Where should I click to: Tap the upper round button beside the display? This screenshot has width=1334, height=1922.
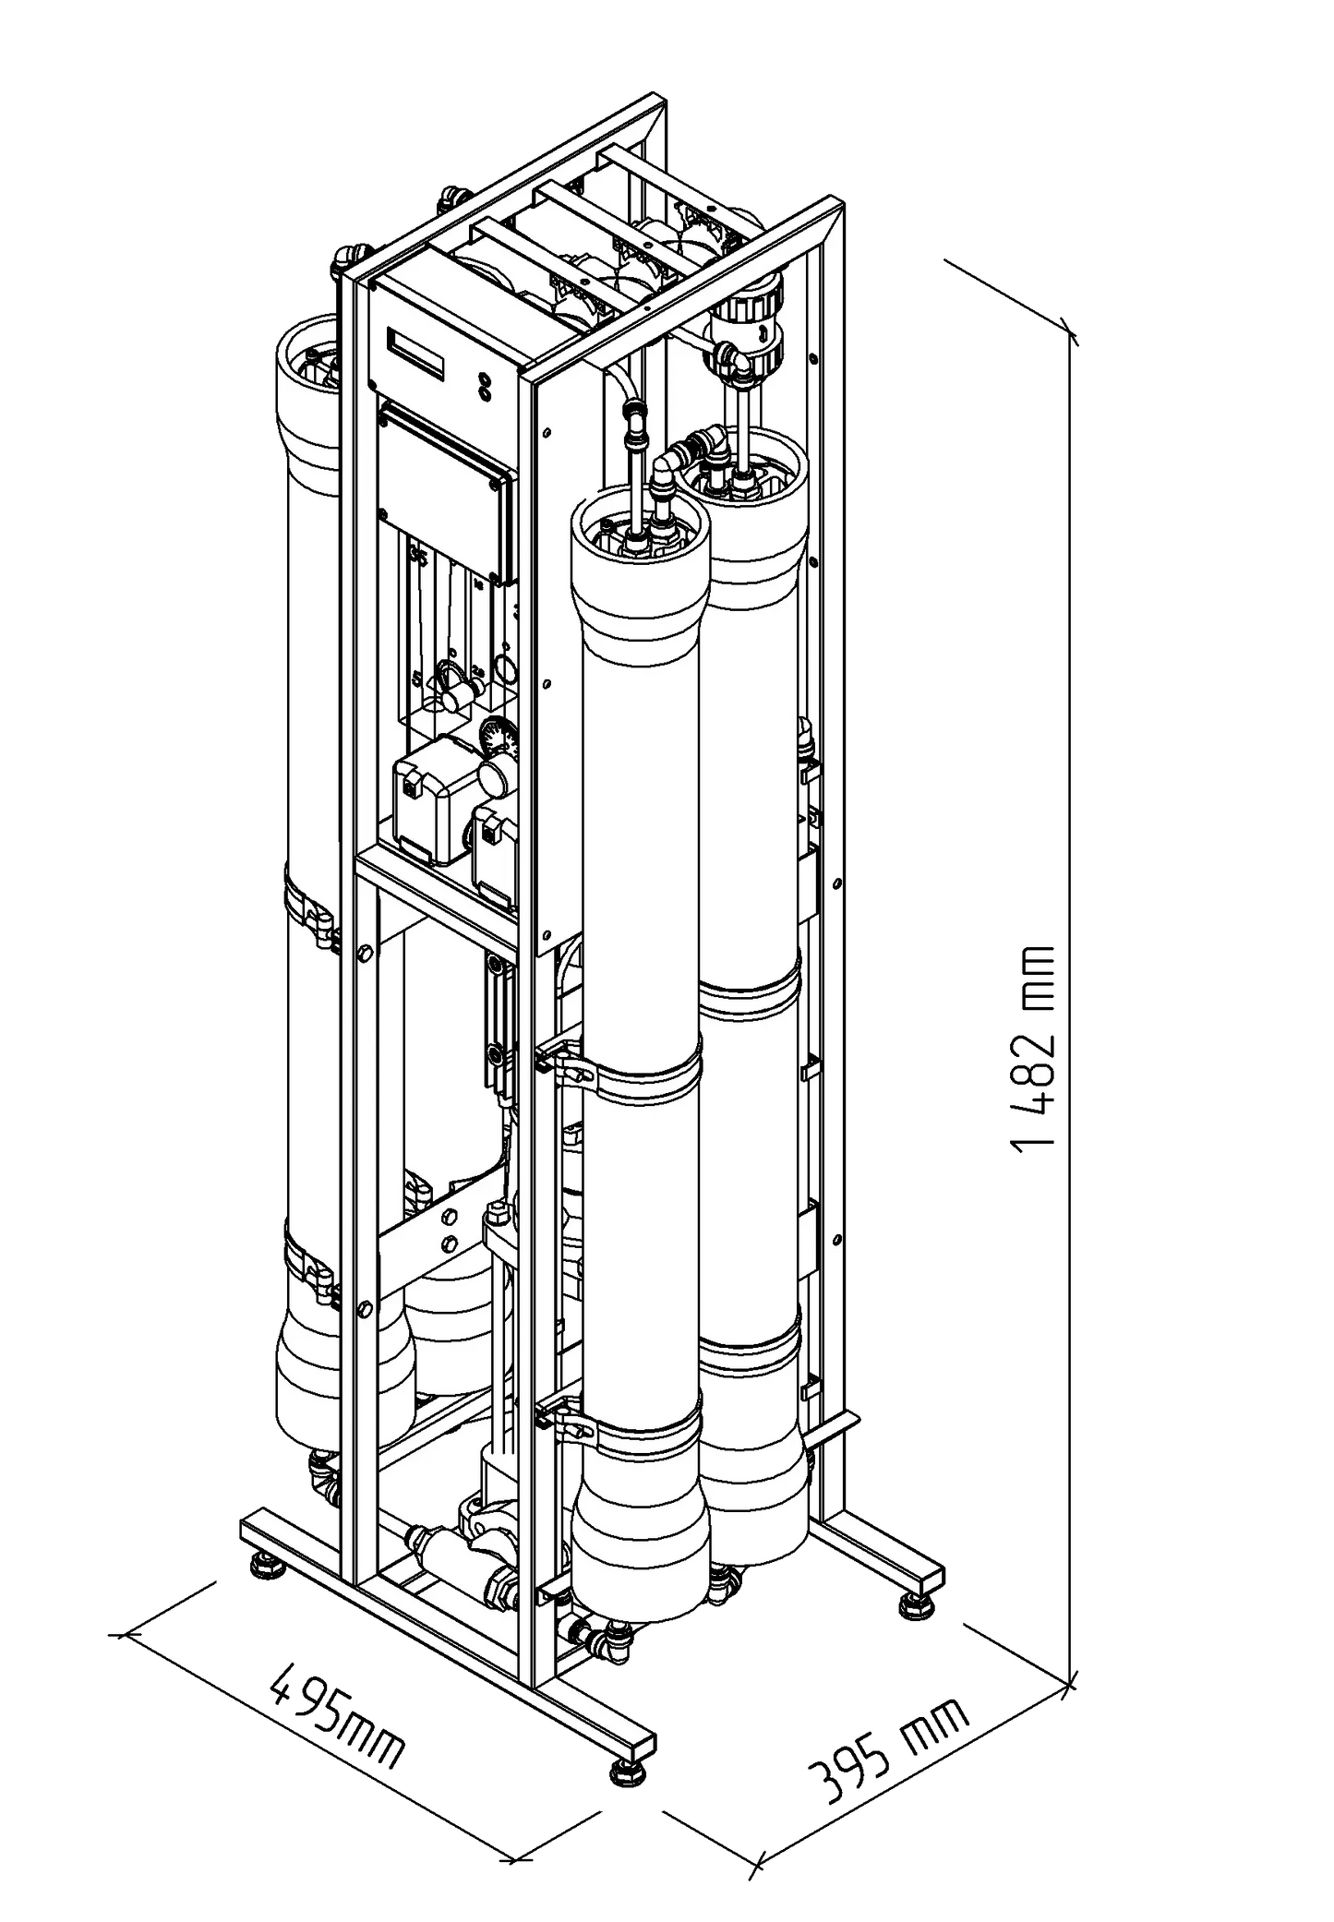coord(484,378)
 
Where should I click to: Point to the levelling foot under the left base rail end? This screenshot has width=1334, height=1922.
coord(266,1563)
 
